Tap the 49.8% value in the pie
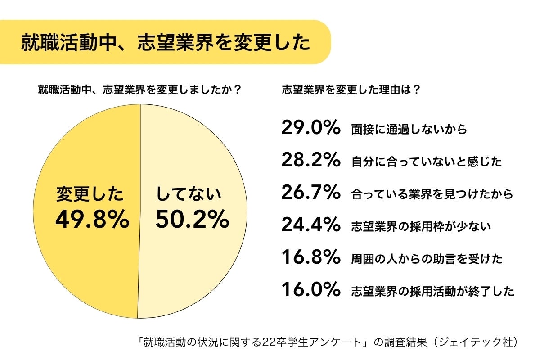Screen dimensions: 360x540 coord(92,220)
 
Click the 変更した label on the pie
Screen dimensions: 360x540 coord(90,194)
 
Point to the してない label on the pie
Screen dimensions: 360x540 coord(189,194)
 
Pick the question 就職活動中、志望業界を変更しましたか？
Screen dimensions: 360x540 coord(139,89)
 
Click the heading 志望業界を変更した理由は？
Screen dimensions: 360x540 coord(351,89)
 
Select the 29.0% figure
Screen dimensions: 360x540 coord(310,128)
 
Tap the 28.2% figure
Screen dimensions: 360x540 coord(310,161)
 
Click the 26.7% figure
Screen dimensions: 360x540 coord(310,193)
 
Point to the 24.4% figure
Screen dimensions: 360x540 coord(310,225)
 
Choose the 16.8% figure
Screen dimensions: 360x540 coord(310,258)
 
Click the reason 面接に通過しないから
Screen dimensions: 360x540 coord(409,130)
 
